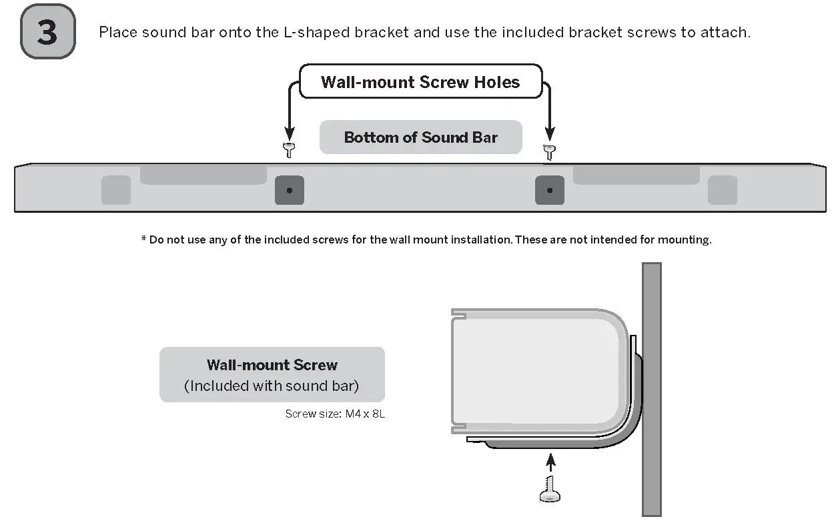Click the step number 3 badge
pyautogui.click(x=47, y=32)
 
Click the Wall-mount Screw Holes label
pyautogui.click(x=420, y=82)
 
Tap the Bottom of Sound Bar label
pyautogui.click(x=420, y=137)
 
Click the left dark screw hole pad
pyautogui.click(x=290, y=190)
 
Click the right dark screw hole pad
pyautogui.click(x=550, y=190)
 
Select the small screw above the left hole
pyautogui.click(x=289, y=150)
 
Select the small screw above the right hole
pyautogui.click(x=549, y=151)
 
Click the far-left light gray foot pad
pyautogui.click(x=116, y=190)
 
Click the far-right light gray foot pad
pyautogui.click(x=723, y=190)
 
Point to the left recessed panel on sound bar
pyautogui.click(x=203, y=175)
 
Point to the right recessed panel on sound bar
pyautogui.click(x=636, y=175)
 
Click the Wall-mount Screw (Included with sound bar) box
pyautogui.click(x=272, y=374)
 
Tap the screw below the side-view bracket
pyautogui.click(x=550, y=491)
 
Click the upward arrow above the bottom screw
pyautogui.click(x=550, y=463)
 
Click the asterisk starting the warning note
pyautogui.click(x=143, y=239)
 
